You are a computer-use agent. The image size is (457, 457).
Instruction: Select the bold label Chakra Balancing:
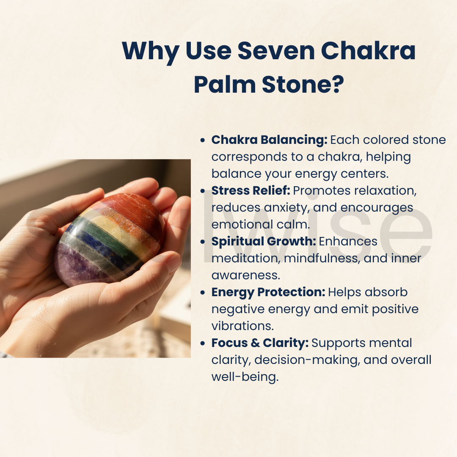point(269,140)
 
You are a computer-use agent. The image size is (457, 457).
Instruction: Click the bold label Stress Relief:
point(251,190)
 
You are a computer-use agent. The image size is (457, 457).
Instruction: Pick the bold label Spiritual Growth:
point(264,241)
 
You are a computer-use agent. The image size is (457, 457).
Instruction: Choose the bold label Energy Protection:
point(268,292)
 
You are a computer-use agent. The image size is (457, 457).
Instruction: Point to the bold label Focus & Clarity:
point(260,343)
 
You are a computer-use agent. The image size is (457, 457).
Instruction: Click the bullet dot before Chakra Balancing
point(203,140)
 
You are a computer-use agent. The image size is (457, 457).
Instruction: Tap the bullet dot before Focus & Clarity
point(203,343)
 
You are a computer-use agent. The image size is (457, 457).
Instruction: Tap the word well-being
point(245,377)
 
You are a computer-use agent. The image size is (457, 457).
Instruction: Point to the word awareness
point(245,275)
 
